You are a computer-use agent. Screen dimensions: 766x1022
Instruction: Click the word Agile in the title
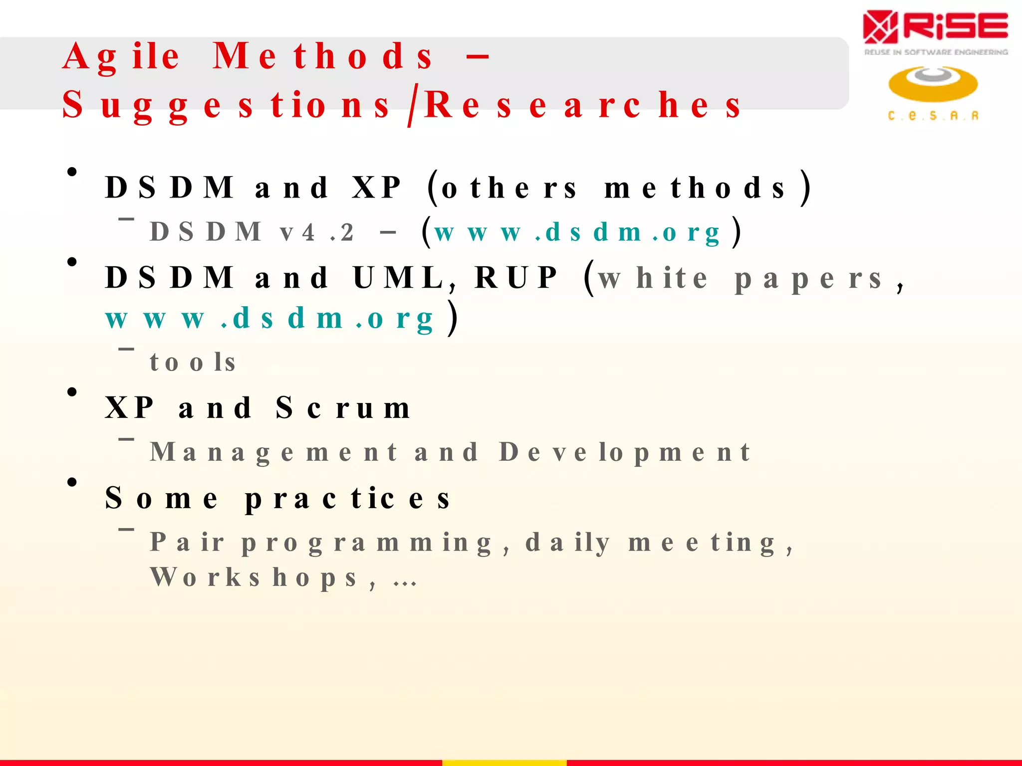121,57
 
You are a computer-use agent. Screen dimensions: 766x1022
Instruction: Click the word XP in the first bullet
376,188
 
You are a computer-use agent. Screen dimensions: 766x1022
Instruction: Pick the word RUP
516,278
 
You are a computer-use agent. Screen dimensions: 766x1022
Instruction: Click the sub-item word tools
193,363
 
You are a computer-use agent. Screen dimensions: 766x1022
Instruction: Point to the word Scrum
343,408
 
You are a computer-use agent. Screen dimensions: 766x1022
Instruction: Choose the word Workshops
255,578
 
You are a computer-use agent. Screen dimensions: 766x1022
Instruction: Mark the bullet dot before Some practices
72,482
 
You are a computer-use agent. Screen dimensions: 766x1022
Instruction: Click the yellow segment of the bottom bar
504,763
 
